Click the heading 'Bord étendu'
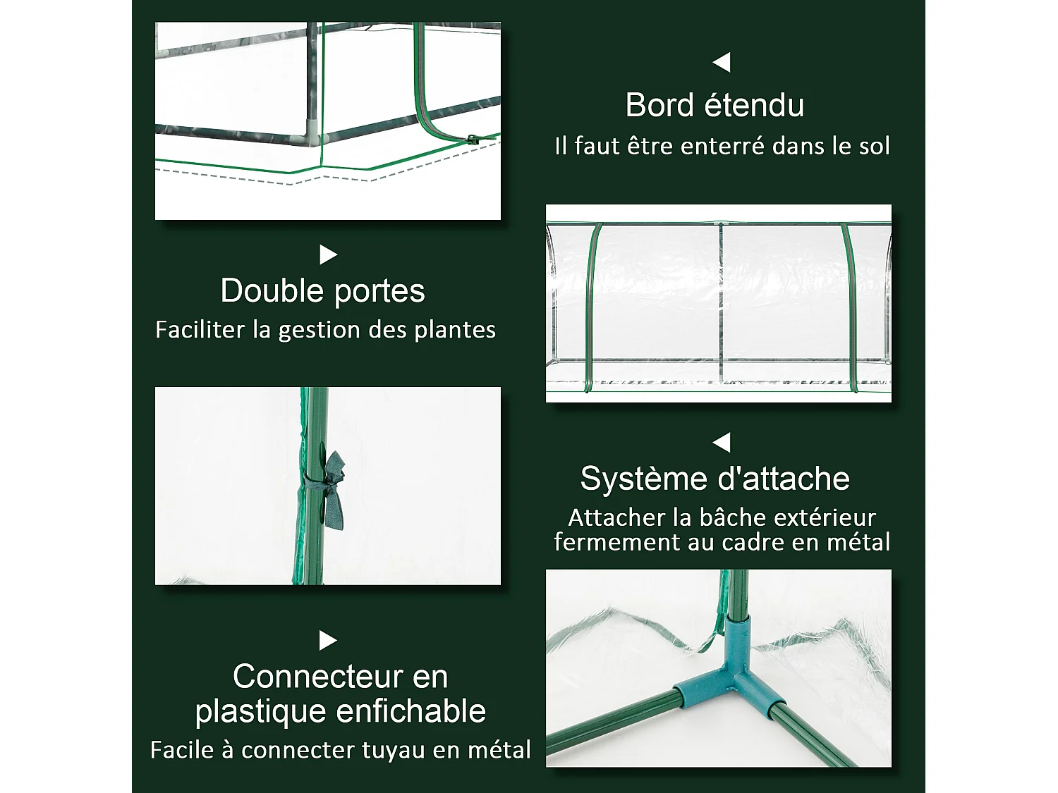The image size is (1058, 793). coord(715,106)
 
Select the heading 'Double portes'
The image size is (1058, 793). coord(322,290)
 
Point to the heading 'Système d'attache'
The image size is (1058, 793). coord(715,479)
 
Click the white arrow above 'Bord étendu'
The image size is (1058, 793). coord(721,63)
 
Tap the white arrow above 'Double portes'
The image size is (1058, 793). coord(328,254)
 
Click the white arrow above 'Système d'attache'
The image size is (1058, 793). coord(721,443)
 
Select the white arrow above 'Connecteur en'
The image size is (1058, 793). coord(328,641)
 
